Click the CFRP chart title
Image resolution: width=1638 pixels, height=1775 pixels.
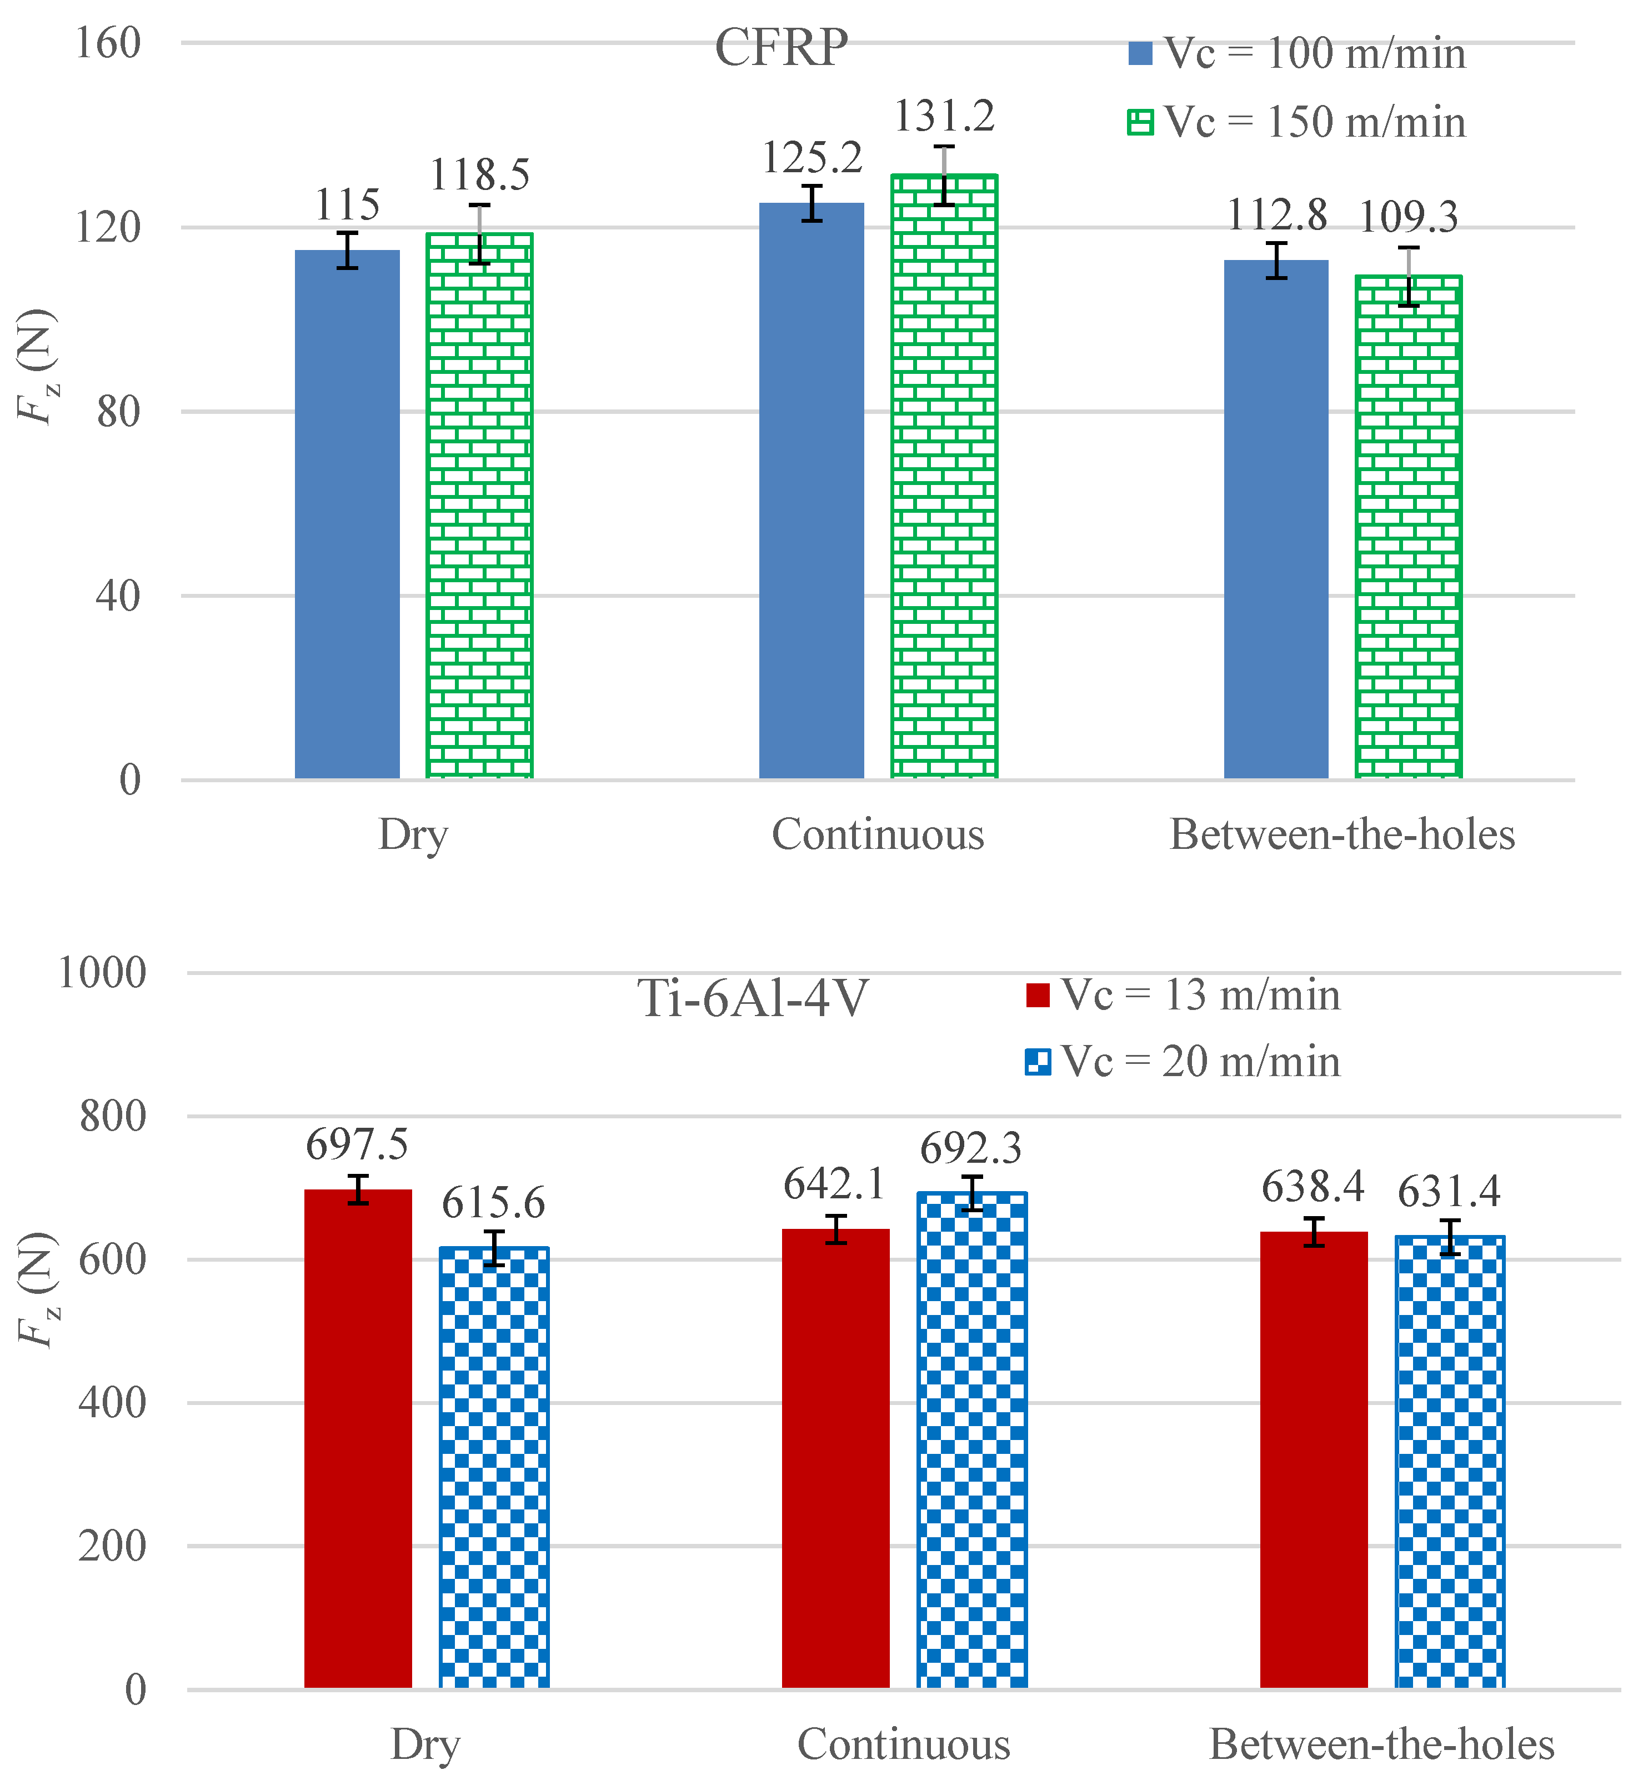coord(781,48)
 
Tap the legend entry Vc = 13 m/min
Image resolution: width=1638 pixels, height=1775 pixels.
coord(1183,995)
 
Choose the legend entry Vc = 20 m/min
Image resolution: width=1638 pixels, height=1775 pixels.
coord(1183,1061)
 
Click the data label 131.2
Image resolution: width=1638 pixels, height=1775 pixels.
coord(944,116)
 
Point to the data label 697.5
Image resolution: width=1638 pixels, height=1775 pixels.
coord(357,1144)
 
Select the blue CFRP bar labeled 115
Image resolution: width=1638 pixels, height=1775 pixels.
coord(348,514)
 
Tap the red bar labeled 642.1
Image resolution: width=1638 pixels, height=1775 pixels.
coord(836,1458)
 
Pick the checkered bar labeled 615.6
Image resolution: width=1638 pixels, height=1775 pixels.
coord(494,1467)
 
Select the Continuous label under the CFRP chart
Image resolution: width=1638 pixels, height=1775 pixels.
coord(878,834)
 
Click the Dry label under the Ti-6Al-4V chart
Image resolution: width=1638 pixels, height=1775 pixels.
coord(425,1746)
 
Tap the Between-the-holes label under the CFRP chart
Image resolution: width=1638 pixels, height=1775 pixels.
coord(1342,834)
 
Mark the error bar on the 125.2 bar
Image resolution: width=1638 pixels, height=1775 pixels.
coord(812,203)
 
